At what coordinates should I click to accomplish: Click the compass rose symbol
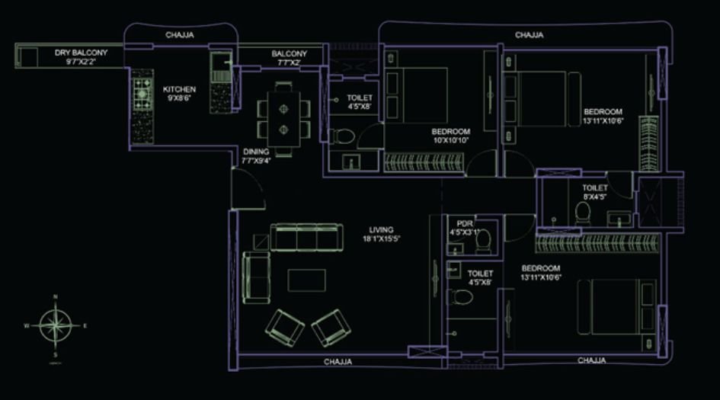coord(56,324)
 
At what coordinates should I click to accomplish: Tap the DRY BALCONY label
coord(81,53)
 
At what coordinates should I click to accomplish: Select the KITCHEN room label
coord(179,89)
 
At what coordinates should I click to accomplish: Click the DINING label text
coord(255,151)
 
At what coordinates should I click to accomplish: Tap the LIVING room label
coord(381,229)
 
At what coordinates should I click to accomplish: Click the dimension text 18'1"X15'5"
coord(381,238)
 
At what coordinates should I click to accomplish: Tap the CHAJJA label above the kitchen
coord(179,35)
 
